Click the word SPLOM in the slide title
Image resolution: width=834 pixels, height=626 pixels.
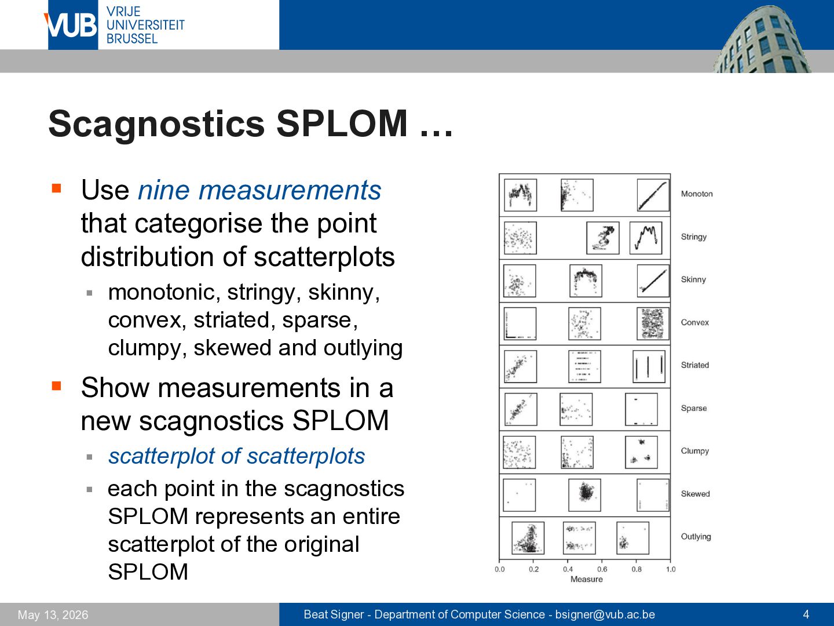342,123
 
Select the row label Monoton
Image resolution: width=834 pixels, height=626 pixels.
697,194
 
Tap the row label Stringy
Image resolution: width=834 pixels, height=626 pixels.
693,237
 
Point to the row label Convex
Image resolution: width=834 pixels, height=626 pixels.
694,322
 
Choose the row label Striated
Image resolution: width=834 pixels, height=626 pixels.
694,365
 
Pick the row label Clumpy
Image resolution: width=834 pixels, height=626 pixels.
694,451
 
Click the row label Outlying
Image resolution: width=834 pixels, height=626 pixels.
696,536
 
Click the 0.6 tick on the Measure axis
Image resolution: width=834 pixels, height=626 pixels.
602,569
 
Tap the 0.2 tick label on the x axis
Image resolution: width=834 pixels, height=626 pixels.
533,569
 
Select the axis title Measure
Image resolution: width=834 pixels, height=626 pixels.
586,579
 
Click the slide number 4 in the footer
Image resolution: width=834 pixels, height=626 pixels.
806,614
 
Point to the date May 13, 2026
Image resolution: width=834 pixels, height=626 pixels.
53,614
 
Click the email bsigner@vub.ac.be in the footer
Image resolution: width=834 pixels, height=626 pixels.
605,614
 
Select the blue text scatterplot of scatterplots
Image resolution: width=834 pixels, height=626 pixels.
236,456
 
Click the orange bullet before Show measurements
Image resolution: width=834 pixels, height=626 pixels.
56,386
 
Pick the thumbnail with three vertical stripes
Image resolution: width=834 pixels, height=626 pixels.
649,366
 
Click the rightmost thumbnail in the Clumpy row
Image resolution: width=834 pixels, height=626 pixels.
641,452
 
